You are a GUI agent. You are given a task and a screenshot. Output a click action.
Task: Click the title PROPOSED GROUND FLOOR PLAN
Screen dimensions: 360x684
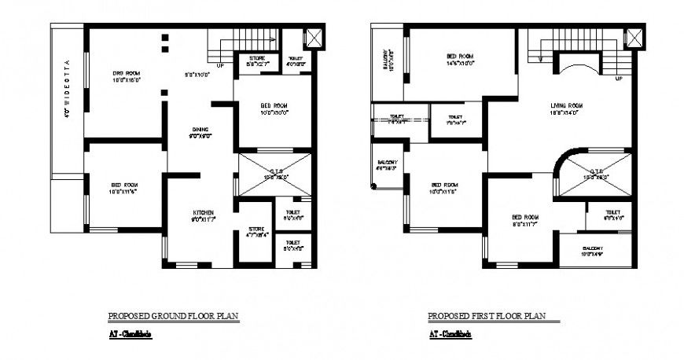click(172, 317)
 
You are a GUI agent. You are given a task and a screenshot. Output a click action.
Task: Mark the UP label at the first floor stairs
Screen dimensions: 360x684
click(619, 79)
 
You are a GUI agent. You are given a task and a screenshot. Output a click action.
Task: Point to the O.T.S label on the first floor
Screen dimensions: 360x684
click(593, 174)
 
